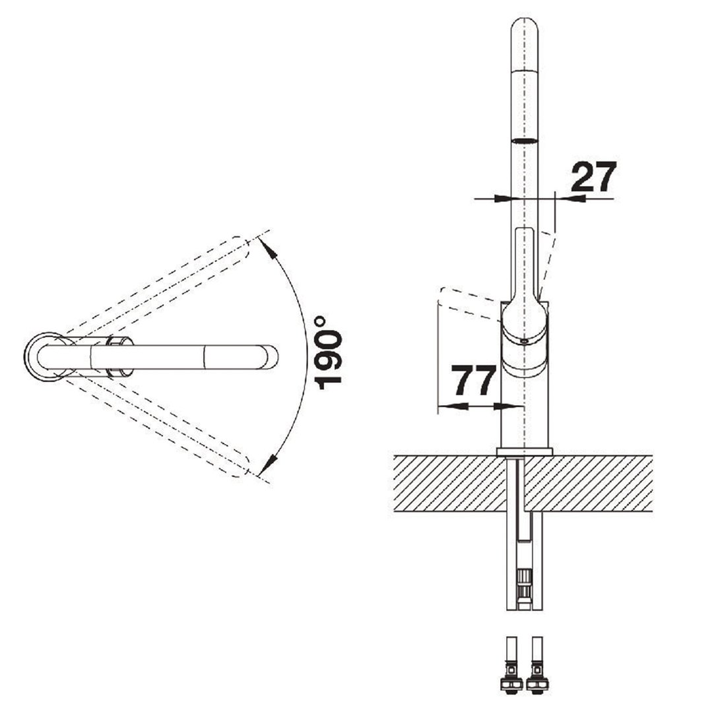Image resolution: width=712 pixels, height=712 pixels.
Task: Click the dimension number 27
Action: point(593,177)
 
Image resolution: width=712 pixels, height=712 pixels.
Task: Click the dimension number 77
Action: point(473,381)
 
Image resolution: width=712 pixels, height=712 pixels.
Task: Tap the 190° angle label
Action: point(328,352)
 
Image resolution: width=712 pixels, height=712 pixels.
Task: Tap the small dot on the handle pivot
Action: point(523,341)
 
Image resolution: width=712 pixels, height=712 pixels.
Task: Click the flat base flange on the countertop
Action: point(525,450)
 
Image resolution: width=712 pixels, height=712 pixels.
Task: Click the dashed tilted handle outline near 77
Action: point(465,300)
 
